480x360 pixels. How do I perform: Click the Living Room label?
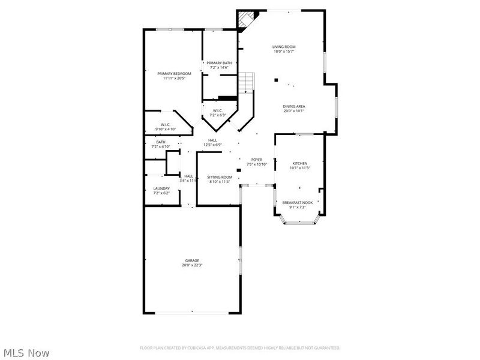[x=284, y=47]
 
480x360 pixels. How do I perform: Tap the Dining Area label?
[x=294, y=106]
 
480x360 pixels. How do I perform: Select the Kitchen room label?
[x=299, y=163]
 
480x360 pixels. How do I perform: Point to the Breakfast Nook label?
[x=298, y=203]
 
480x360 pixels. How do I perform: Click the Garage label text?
[x=192, y=260]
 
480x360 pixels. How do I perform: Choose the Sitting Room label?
[x=220, y=177]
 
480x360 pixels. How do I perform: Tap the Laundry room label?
[x=161, y=188]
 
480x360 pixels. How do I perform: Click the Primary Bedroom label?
[x=174, y=74]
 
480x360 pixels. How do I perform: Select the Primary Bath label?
[x=219, y=63]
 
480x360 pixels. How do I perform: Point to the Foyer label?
[x=257, y=160]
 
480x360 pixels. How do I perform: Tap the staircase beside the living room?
[x=247, y=82]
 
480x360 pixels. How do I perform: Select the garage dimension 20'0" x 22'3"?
[x=192, y=265]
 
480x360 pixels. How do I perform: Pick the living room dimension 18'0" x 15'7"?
[x=284, y=52]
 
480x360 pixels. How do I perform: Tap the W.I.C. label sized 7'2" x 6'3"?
[x=218, y=110]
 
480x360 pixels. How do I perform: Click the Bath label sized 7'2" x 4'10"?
[x=161, y=142]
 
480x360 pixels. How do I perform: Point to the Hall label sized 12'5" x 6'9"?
[x=212, y=140]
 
